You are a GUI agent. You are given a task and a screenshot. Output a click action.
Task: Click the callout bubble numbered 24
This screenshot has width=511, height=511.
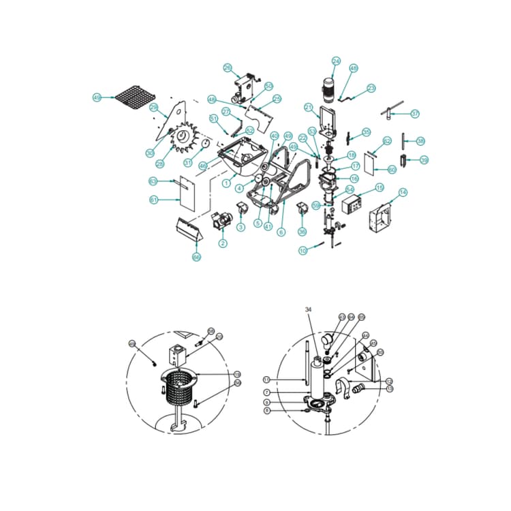pyautogui.click(x=335, y=61)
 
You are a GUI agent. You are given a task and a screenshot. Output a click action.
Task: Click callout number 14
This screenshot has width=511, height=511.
pyautogui.click(x=403, y=193)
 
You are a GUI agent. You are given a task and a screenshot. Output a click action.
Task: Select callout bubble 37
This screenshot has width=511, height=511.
pyautogui.click(x=415, y=114)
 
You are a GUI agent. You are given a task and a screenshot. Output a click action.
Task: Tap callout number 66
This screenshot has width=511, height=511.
pyautogui.click(x=196, y=257)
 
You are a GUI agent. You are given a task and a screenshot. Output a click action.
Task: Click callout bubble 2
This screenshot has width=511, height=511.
pyautogui.click(x=223, y=243)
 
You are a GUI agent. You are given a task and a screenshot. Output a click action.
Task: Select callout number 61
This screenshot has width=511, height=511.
pyautogui.click(x=153, y=200)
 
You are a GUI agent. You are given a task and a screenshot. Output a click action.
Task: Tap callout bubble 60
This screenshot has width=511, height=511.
pyautogui.click(x=392, y=168)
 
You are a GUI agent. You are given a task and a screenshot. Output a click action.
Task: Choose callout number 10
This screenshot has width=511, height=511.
pyautogui.click(x=303, y=251)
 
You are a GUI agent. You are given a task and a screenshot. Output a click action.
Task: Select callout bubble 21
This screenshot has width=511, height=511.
pyautogui.click(x=308, y=107)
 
